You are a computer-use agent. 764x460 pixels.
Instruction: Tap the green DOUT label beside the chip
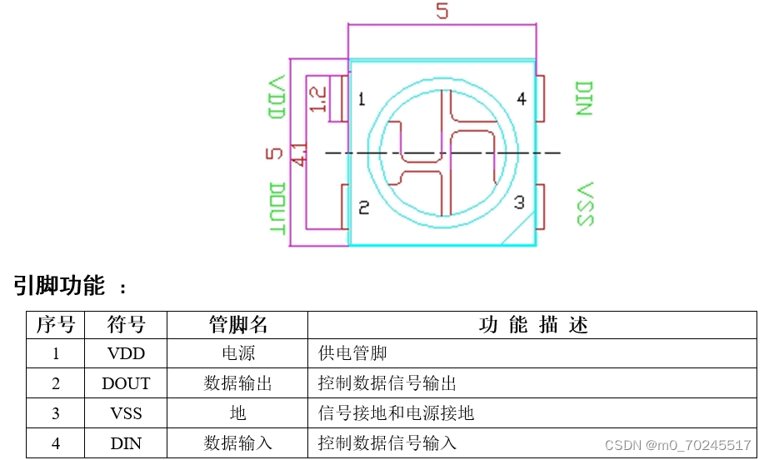coord(277,208)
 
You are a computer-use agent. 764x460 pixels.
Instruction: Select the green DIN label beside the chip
coord(583,98)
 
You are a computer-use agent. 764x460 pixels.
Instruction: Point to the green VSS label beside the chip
coord(585,203)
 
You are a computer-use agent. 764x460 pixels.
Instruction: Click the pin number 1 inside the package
coord(362,100)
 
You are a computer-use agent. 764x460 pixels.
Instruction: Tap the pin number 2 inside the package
coord(363,208)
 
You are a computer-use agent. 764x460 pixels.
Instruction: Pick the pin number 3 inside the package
coord(519,202)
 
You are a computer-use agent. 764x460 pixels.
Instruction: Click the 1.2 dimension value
coord(317,99)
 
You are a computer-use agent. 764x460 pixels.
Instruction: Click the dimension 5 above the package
coord(442,12)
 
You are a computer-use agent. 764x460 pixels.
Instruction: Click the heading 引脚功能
coord(59,287)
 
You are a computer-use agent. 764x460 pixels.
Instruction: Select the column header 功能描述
coord(533,325)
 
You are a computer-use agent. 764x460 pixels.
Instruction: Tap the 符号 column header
coord(127,325)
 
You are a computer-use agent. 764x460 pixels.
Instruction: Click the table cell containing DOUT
coord(127,383)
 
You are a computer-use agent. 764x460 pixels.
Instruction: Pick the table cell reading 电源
coord(238,353)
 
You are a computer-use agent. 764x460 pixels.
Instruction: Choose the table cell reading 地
coord(238,413)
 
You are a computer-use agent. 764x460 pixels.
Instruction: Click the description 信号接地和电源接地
coord(397,413)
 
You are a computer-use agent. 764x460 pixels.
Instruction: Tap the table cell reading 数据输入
coord(238,443)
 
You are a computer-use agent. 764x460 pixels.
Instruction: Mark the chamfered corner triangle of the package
coord(524,235)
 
